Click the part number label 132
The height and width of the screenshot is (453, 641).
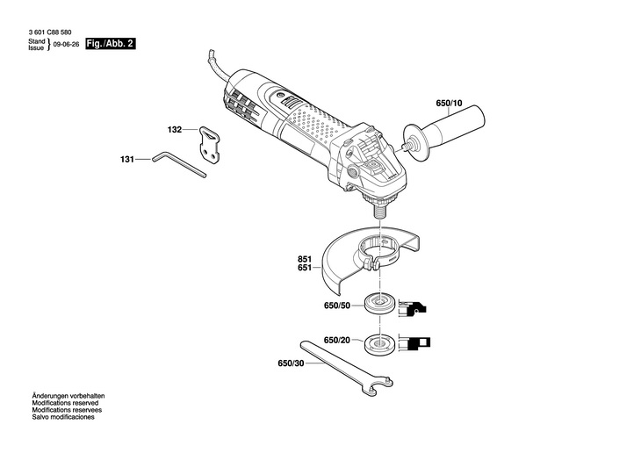(x=175, y=130)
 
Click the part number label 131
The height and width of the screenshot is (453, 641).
(x=127, y=161)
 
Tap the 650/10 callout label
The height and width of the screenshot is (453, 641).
(x=450, y=104)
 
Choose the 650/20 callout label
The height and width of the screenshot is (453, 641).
(x=337, y=341)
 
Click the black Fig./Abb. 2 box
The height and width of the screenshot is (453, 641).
(x=112, y=43)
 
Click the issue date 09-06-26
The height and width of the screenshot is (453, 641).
(x=66, y=43)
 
